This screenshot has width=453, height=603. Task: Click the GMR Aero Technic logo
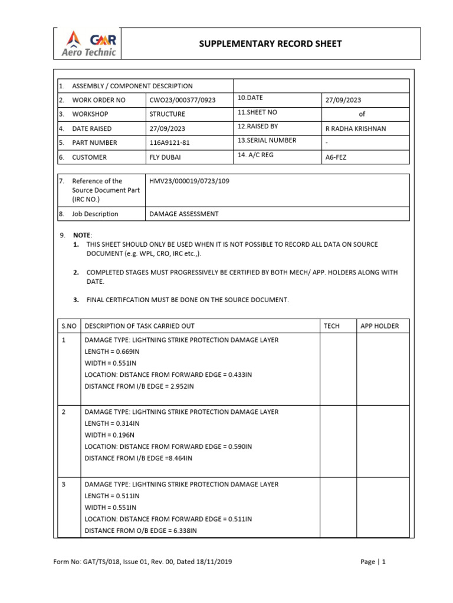(x=90, y=44)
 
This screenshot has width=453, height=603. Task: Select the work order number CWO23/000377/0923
(x=182, y=100)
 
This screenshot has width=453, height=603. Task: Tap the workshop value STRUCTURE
(x=167, y=114)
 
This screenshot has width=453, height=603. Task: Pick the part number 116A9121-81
(x=170, y=143)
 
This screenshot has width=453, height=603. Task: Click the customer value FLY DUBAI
(x=166, y=157)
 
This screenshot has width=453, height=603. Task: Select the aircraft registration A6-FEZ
(x=336, y=157)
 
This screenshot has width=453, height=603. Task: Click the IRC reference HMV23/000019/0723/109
(x=189, y=181)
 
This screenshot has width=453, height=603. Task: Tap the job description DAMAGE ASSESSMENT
(x=183, y=214)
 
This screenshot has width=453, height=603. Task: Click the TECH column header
(x=331, y=326)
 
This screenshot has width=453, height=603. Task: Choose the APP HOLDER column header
(x=379, y=326)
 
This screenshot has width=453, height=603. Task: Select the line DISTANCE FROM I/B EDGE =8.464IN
(x=139, y=458)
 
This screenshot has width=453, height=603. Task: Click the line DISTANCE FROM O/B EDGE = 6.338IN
(x=140, y=531)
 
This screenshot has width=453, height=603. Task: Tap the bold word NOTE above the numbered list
(x=82, y=235)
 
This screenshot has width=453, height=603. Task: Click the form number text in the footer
(x=142, y=562)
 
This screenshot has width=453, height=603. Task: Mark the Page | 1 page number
(x=373, y=562)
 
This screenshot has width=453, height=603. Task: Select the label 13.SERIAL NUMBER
(x=267, y=141)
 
